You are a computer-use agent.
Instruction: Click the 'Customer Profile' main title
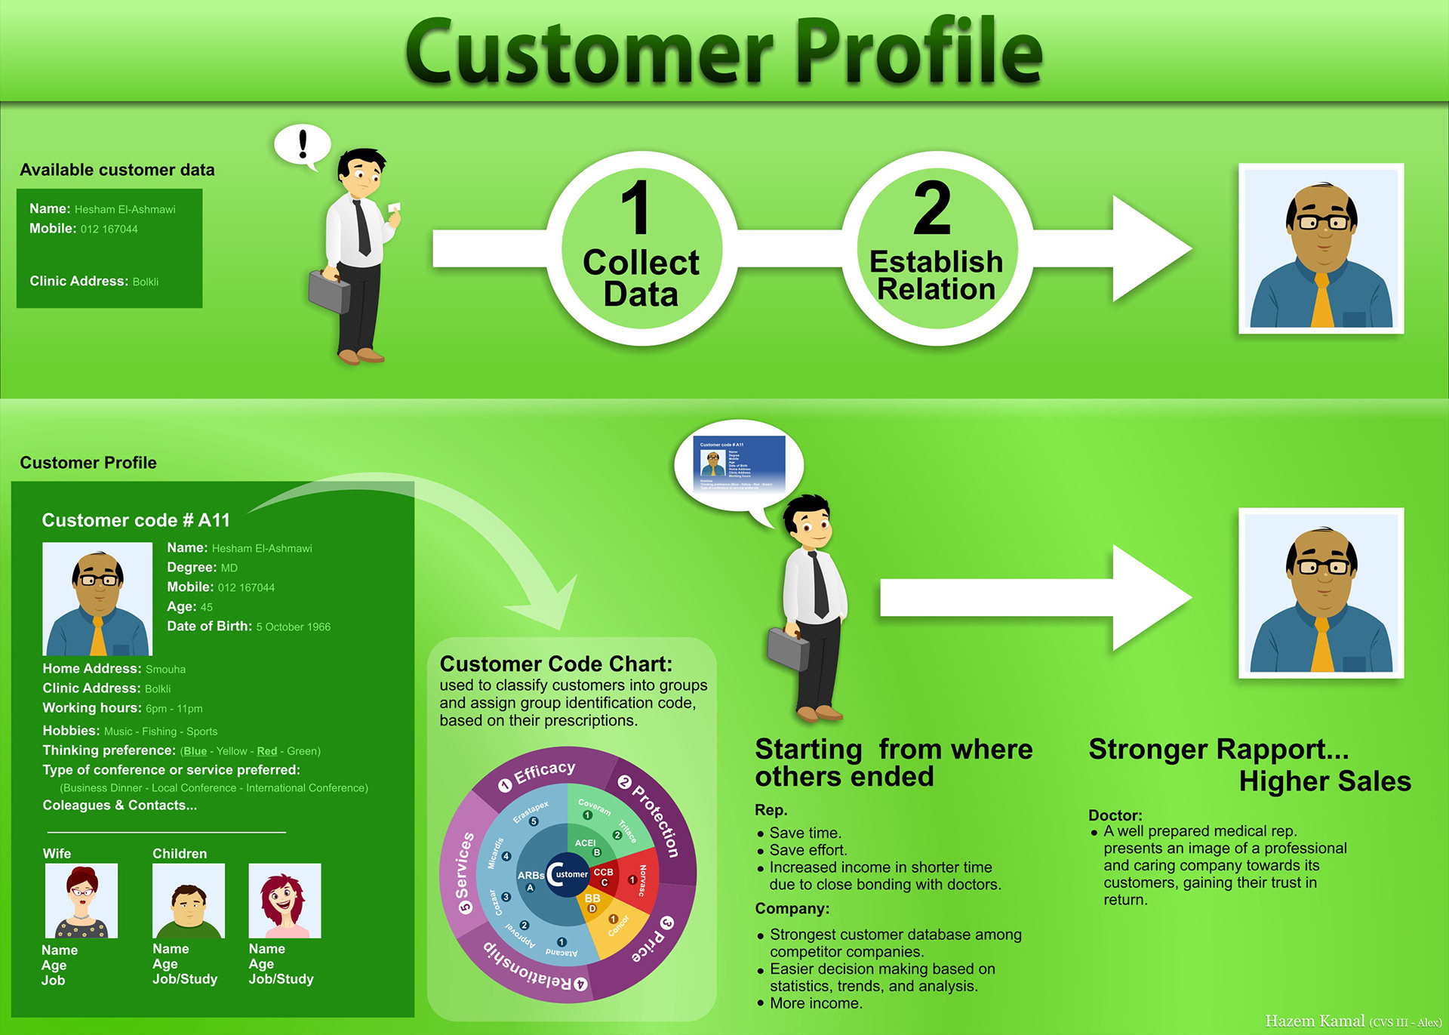(x=723, y=51)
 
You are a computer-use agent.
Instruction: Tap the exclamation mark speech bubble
(x=302, y=143)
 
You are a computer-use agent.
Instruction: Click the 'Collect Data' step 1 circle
(x=641, y=248)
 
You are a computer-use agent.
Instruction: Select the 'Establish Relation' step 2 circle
(x=937, y=248)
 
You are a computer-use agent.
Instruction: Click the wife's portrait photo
(x=82, y=900)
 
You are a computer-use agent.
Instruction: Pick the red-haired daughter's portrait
(x=285, y=900)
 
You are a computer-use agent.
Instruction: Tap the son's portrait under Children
(x=189, y=900)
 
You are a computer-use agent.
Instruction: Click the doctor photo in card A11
(x=97, y=599)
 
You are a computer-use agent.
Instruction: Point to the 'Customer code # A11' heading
(x=136, y=520)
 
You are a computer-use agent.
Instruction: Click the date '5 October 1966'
(x=293, y=627)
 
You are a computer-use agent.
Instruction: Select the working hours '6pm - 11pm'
(x=174, y=709)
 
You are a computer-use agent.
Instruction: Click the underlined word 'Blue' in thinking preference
(x=195, y=751)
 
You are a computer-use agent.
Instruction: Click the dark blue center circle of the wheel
(x=568, y=874)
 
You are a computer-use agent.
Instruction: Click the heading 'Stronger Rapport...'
(x=1218, y=750)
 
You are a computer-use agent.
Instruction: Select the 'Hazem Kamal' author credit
(x=1315, y=1021)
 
